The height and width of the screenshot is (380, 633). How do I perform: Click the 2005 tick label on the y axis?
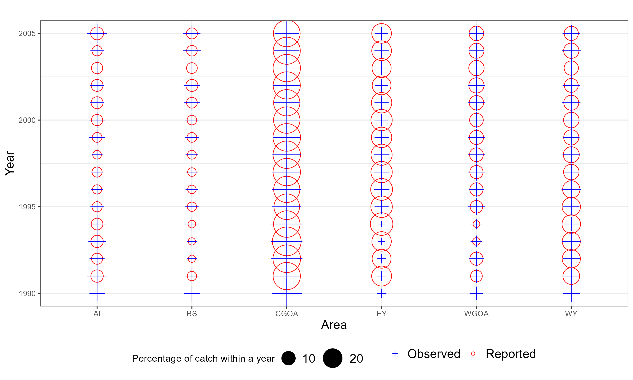(27, 34)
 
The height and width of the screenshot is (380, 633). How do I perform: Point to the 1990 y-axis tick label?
(27, 293)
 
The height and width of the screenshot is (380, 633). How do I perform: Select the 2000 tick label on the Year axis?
(27, 120)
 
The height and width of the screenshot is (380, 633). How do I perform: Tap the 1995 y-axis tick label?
(27, 207)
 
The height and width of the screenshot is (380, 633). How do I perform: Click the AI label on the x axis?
(97, 314)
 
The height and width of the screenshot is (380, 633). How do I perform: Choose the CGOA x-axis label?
(287, 314)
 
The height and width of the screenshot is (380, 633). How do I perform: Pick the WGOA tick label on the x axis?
(476, 314)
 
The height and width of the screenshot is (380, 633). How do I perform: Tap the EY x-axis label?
(381, 314)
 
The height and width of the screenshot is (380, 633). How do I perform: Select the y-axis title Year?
(10, 163)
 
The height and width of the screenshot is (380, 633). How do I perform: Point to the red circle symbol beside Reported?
(473, 354)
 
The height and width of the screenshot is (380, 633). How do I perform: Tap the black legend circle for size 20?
(332, 358)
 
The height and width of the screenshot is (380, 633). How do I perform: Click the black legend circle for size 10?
(288, 358)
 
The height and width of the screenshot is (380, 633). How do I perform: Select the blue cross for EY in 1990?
(381, 293)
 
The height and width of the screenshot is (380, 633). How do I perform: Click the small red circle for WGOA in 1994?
(476, 224)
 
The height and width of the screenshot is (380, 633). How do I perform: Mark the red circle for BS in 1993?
(192, 241)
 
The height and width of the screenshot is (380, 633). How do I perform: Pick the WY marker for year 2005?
(571, 33)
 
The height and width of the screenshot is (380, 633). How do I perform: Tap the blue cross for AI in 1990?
(97, 293)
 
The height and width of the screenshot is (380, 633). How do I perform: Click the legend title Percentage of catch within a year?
(203, 358)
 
